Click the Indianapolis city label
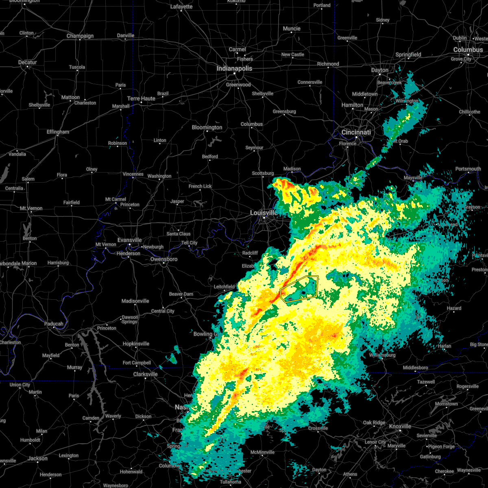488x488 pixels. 234,68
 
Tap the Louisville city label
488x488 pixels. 264,213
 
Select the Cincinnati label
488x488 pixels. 356,132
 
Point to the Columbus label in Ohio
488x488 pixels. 468,50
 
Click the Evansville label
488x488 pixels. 130,240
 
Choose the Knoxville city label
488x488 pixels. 400,426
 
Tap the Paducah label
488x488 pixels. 54,324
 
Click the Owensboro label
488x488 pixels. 164,259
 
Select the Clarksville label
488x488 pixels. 146,374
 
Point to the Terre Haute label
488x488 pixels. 141,98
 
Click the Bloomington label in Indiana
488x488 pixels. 207,127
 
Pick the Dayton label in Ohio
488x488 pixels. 380,70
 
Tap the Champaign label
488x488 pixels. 80,36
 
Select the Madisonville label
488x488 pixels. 135,301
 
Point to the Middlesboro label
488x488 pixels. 416,368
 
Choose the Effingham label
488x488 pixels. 58,132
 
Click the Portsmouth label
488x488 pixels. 468,169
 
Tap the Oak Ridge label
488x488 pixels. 374,423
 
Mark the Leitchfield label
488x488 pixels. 224,287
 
